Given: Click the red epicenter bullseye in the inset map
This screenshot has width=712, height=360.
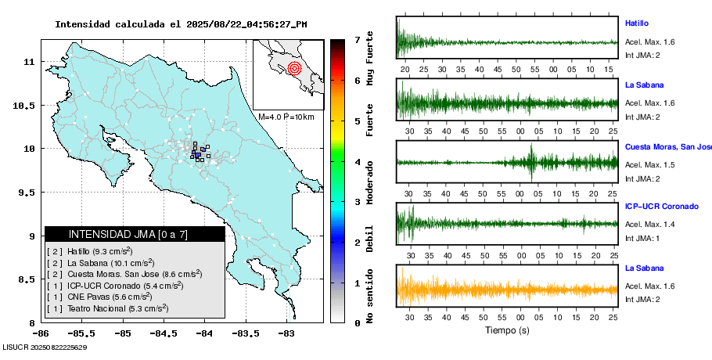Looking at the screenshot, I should click(294, 68).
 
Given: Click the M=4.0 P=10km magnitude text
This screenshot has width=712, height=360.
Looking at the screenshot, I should click(286, 117).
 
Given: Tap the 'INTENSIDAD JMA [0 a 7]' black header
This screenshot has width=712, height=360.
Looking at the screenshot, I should click(135, 234).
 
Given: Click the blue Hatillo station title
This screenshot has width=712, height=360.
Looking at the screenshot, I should click(637, 23).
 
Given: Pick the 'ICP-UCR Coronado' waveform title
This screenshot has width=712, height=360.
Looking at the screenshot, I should click(661, 207).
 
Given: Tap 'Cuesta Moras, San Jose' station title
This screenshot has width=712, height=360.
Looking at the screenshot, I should click(667, 146).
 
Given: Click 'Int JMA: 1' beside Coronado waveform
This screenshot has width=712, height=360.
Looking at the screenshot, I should click(644, 238).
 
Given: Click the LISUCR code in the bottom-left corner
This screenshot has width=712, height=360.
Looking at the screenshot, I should click(44, 347).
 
